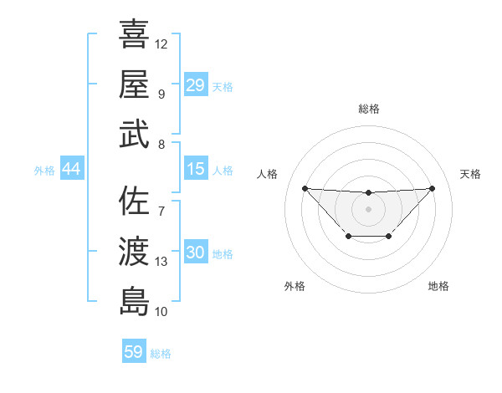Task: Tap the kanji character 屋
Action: pyautogui.click(x=134, y=84)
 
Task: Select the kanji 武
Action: pyautogui.click(x=134, y=134)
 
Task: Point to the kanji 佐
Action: pyautogui.click(x=134, y=201)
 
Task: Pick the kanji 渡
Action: pyautogui.click(x=134, y=251)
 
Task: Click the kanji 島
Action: pyautogui.click(x=134, y=301)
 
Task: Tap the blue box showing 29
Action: pyautogui.click(x=195, y=85)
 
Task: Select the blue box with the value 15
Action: pyautogui.click(x=195, y=169)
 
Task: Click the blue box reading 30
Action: pyautogui.click(x=195, y=253)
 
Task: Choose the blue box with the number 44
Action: pyautogui.click(x=71, y=169)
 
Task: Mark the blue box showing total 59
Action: pyautogui.click(x=134, y=352)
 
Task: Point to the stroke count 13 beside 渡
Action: pyautogui.click(x=161, y=262)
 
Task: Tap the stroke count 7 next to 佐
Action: pyautogui.click(x=161, y=210)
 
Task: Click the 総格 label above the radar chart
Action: pyautogui.click(x=369, y=109)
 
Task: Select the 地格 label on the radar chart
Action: pyautogui.click(x=438, y=286)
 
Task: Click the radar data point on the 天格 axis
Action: pyautogui.click(x=432, y=188)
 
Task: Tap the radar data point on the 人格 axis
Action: pyautogui.click(x=305, y=188)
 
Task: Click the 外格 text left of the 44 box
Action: pyautogui.click(x=44, y=170)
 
